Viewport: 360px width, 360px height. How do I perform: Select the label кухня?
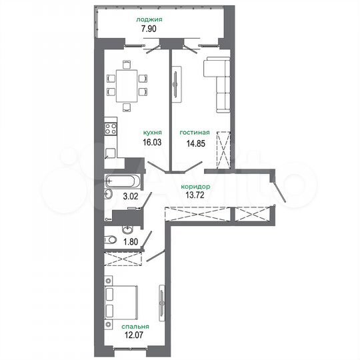click(153, 133)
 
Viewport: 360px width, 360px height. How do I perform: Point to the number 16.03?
click(153, 143)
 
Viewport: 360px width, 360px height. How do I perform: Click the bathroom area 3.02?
click(130, 197)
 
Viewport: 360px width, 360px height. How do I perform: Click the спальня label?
click(135, 327)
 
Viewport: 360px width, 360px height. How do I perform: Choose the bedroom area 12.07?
click(135, 336)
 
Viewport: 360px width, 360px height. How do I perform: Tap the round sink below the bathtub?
click(109, 194)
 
